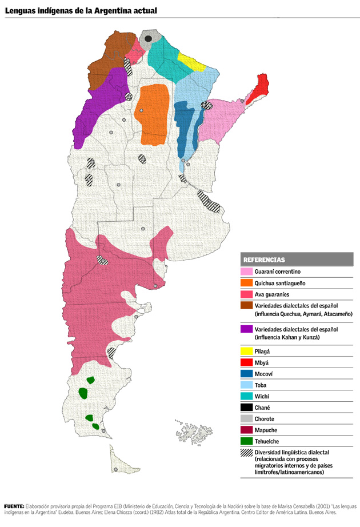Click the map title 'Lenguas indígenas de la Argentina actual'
click(81, 11)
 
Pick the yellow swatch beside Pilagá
click(247, 351)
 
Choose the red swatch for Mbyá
click(247, 362)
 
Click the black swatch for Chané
click(247, 408)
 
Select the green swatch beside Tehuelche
click(247, 441)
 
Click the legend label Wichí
click(262, 397)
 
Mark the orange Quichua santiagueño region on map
click(155, 114)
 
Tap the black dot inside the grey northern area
click(148, 38)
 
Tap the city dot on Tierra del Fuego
click(116, 469)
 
